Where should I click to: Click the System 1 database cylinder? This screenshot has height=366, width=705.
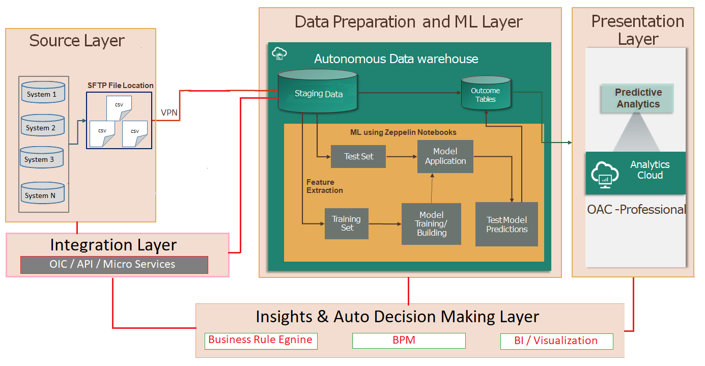[43, 92]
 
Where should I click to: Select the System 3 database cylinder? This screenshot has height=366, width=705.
[42, 157]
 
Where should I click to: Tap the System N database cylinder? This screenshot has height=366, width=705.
[42, 193]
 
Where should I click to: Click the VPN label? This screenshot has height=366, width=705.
[169, 112]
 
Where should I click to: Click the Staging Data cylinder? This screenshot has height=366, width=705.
[318, 91]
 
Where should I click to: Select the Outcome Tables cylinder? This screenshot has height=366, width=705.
[486, 93]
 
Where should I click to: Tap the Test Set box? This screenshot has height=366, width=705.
[358, 156]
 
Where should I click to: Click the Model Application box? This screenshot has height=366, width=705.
[445, 156]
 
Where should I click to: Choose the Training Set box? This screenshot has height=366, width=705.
[347, 223]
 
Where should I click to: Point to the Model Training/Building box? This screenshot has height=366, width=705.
[431, 224]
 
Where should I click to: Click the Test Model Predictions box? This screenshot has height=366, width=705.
[506, 224]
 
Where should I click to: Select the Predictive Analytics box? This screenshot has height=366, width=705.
[638, 98]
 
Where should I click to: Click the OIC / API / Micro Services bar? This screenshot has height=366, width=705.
[114, 265]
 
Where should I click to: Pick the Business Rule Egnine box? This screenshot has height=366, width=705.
[261, 341]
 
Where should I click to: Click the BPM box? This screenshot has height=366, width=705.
[409, 341]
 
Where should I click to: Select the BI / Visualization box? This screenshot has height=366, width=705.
[557, 342]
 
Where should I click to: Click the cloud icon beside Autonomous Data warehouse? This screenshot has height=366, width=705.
[279, 53]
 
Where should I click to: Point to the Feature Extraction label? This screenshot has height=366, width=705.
[324, 186]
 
